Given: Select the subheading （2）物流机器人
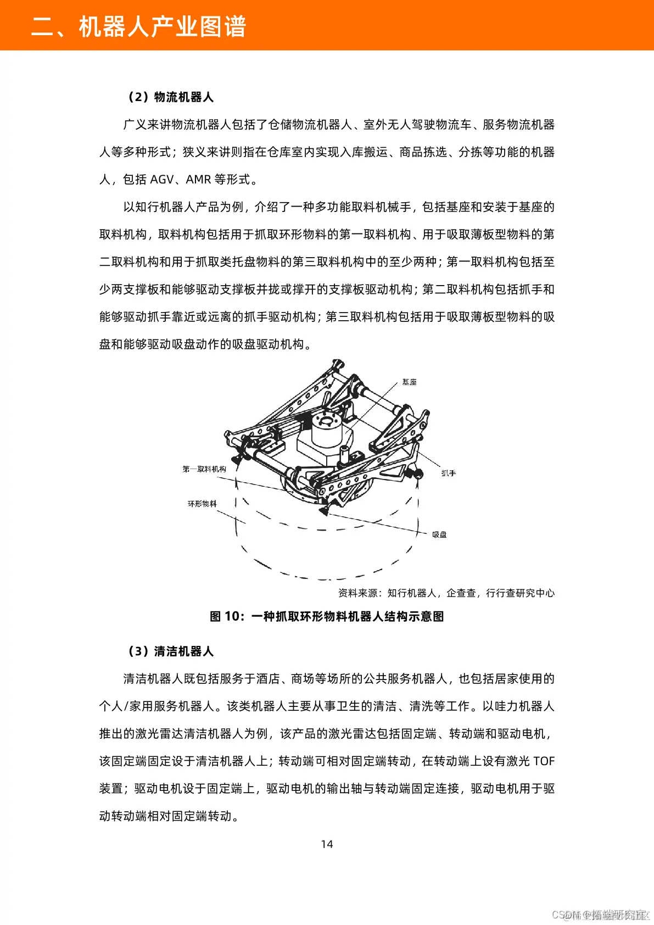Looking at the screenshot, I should pyautogui.click(x=170, y=97).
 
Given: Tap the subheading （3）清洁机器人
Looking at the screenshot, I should pyautogui.click(x=170, y=651).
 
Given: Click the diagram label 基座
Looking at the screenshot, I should pyautogui.click(x=409, y=382).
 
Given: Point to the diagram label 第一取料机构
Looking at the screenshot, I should pyautogui.click(x=204, y=469).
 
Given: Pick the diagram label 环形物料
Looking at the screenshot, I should pyautogui.click(x=202, y=504).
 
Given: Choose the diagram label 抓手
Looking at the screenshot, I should pyautogui.click(x=449, y=473).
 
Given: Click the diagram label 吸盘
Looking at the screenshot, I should pyautogui.click(x=439, y=534).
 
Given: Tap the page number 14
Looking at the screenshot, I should pyautogui.click(x=327, y=844).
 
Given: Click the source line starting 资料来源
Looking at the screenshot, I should pyautogui.click(x=446, y=593).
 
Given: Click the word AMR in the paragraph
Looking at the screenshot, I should pyautogui.click(x=198, y=180).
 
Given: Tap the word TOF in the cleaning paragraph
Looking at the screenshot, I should pyautogui.click(x=544, y=761).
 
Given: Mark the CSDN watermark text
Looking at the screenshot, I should pyautogui.click(x=601, y=915).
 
